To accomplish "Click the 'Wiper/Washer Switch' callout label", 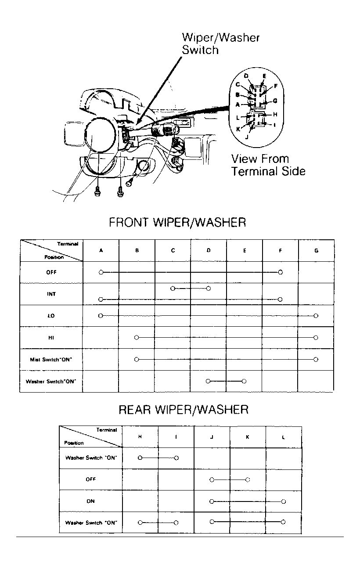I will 220,43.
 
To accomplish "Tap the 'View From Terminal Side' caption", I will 268,165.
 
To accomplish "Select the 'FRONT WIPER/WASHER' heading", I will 177,222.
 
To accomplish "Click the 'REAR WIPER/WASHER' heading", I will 184,410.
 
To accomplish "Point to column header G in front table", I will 316,251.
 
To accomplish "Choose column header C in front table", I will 173,251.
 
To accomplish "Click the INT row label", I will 51,294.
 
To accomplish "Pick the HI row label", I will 51,337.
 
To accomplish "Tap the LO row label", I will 51,316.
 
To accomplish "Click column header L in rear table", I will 284,437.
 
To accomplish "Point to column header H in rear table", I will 140,437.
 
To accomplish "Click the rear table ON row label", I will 90,501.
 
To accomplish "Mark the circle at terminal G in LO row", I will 316,316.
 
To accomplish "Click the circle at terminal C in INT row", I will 173,288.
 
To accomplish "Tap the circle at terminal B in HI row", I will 137,337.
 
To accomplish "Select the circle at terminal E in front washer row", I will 244,381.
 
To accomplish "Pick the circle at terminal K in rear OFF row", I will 248,480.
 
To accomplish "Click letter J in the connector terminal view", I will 247,137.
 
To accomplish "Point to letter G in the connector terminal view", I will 275,101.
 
